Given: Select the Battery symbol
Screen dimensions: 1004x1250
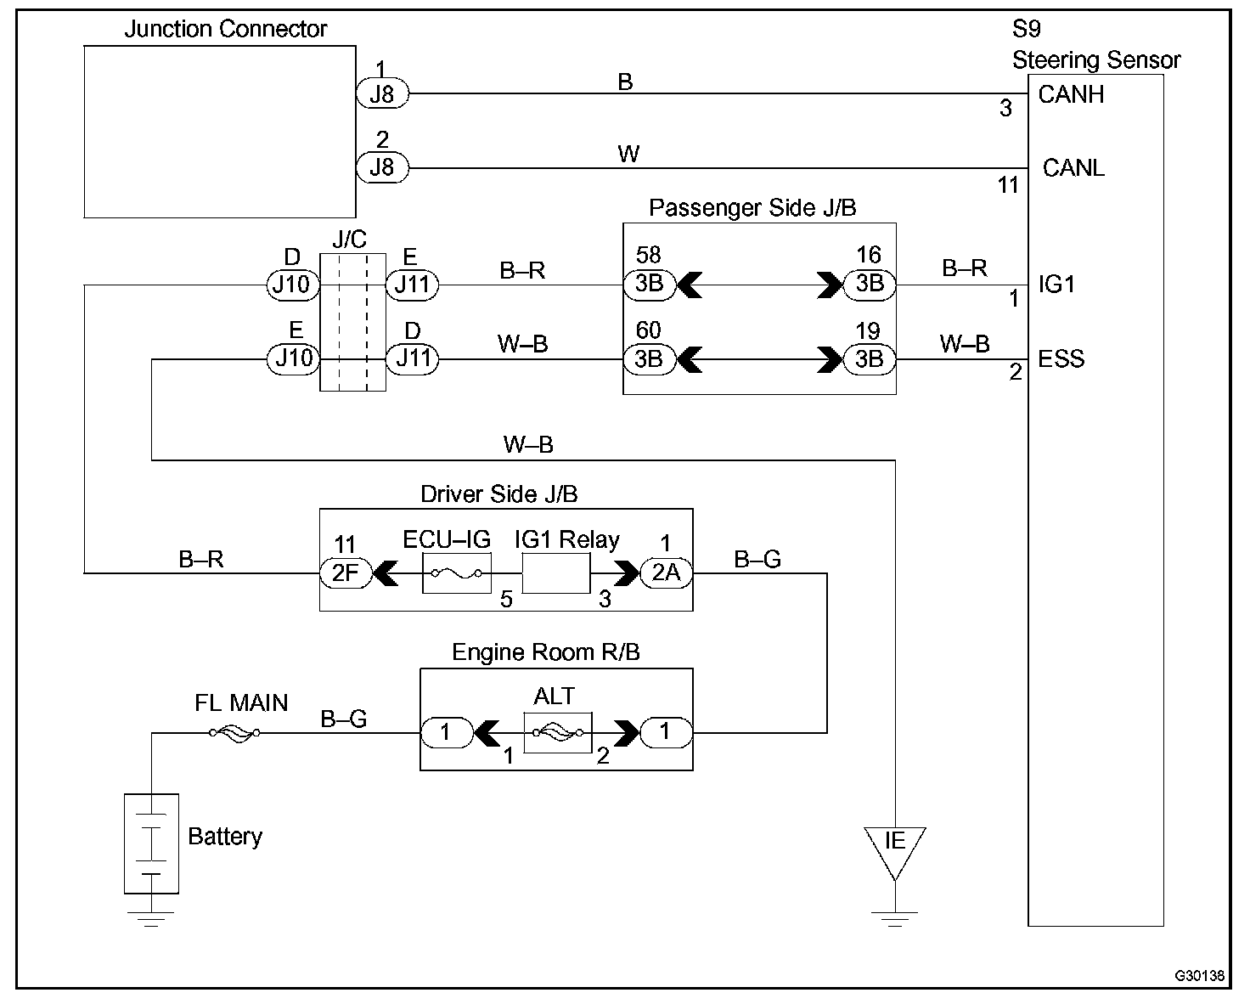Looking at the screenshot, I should click(x=151, y=843).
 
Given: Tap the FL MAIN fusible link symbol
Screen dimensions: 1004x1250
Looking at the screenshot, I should click(x=235, y=732).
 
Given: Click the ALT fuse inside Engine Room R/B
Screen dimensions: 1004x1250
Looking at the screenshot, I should click(x=557, y=732).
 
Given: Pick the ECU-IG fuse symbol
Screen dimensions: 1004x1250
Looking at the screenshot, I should click(x=457, y=574).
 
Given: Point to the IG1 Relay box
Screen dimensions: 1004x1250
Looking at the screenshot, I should click(x=555, y=575).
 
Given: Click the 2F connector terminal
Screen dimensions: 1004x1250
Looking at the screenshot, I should click(x=346, y=573).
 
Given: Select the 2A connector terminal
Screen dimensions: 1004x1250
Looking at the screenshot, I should click(x=666, y=573).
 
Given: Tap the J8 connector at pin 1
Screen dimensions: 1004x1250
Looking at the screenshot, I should click(x=382, y=93).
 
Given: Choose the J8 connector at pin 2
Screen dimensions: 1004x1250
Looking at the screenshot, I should click(x=382, y=167).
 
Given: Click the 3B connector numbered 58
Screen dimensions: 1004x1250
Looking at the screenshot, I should click(x=649, y=284).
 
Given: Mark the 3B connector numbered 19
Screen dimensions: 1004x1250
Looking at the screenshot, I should click(x=869, y=359).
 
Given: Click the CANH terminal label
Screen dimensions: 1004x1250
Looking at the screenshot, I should click(x=1071, y=94).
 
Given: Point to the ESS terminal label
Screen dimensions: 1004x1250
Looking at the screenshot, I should click(x=1061, y=358).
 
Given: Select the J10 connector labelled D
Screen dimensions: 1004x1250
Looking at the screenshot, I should click(x=292, y=284).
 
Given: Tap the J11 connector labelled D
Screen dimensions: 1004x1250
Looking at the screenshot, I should click(x=412, y=359).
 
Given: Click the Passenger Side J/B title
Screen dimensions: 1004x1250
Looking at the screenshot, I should click(x=752, y=208).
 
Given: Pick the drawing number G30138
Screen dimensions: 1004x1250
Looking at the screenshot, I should click(x=1199, y=976).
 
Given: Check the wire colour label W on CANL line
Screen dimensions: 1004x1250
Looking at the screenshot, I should click(x=628, y=155).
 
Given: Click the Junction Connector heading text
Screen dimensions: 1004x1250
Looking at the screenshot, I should click(x=225, y=29).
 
